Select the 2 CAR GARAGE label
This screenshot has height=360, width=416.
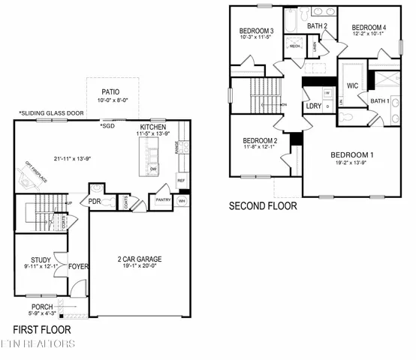(x=140, y=259)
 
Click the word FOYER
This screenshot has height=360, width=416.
(x=78, y=265)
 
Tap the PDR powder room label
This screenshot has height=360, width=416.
(x=95, y=201)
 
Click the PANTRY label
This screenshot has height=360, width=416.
(x=163, y=200)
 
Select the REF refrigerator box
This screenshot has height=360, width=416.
(x=181, y=181)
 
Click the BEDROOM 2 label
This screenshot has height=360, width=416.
(x=260, y=140)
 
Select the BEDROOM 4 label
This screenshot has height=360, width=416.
(x=369, y=28)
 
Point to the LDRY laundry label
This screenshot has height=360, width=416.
(x=314, y=106)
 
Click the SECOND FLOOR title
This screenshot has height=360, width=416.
(x=263, y=205)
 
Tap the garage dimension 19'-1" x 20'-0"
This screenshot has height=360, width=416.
(x=140, y=267)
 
